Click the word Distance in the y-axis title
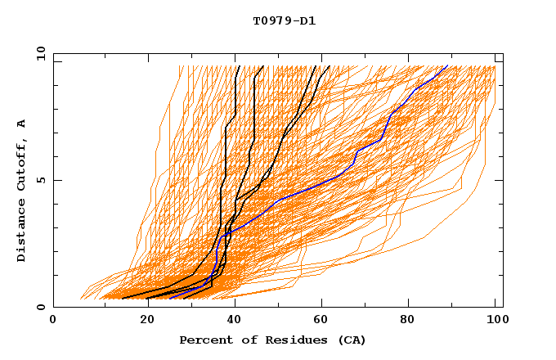tap(21, 233)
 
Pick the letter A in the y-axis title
tap(21, 124)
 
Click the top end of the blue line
tap(447, 66)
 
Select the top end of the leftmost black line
tap(238, 66)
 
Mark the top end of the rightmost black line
tap(329, 66)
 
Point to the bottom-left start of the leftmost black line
tap(122, 298)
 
